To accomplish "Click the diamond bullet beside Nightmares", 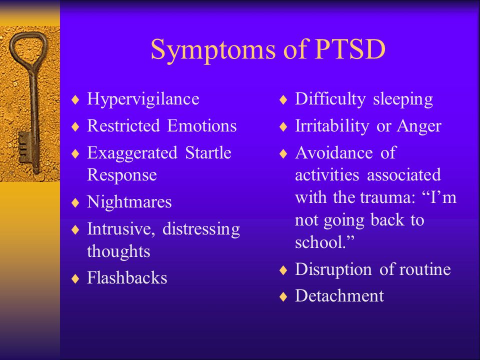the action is coord(75,202).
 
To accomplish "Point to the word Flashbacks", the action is coord(127,277).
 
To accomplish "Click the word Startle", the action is coord(208,152).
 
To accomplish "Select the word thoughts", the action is coord(118,251).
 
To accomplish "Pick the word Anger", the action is coord(419,126).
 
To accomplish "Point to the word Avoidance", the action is coord(334,152).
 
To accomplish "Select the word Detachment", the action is coord(339,295).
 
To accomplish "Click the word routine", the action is coord(425,269).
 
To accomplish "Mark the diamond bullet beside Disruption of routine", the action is coord(283,270).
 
